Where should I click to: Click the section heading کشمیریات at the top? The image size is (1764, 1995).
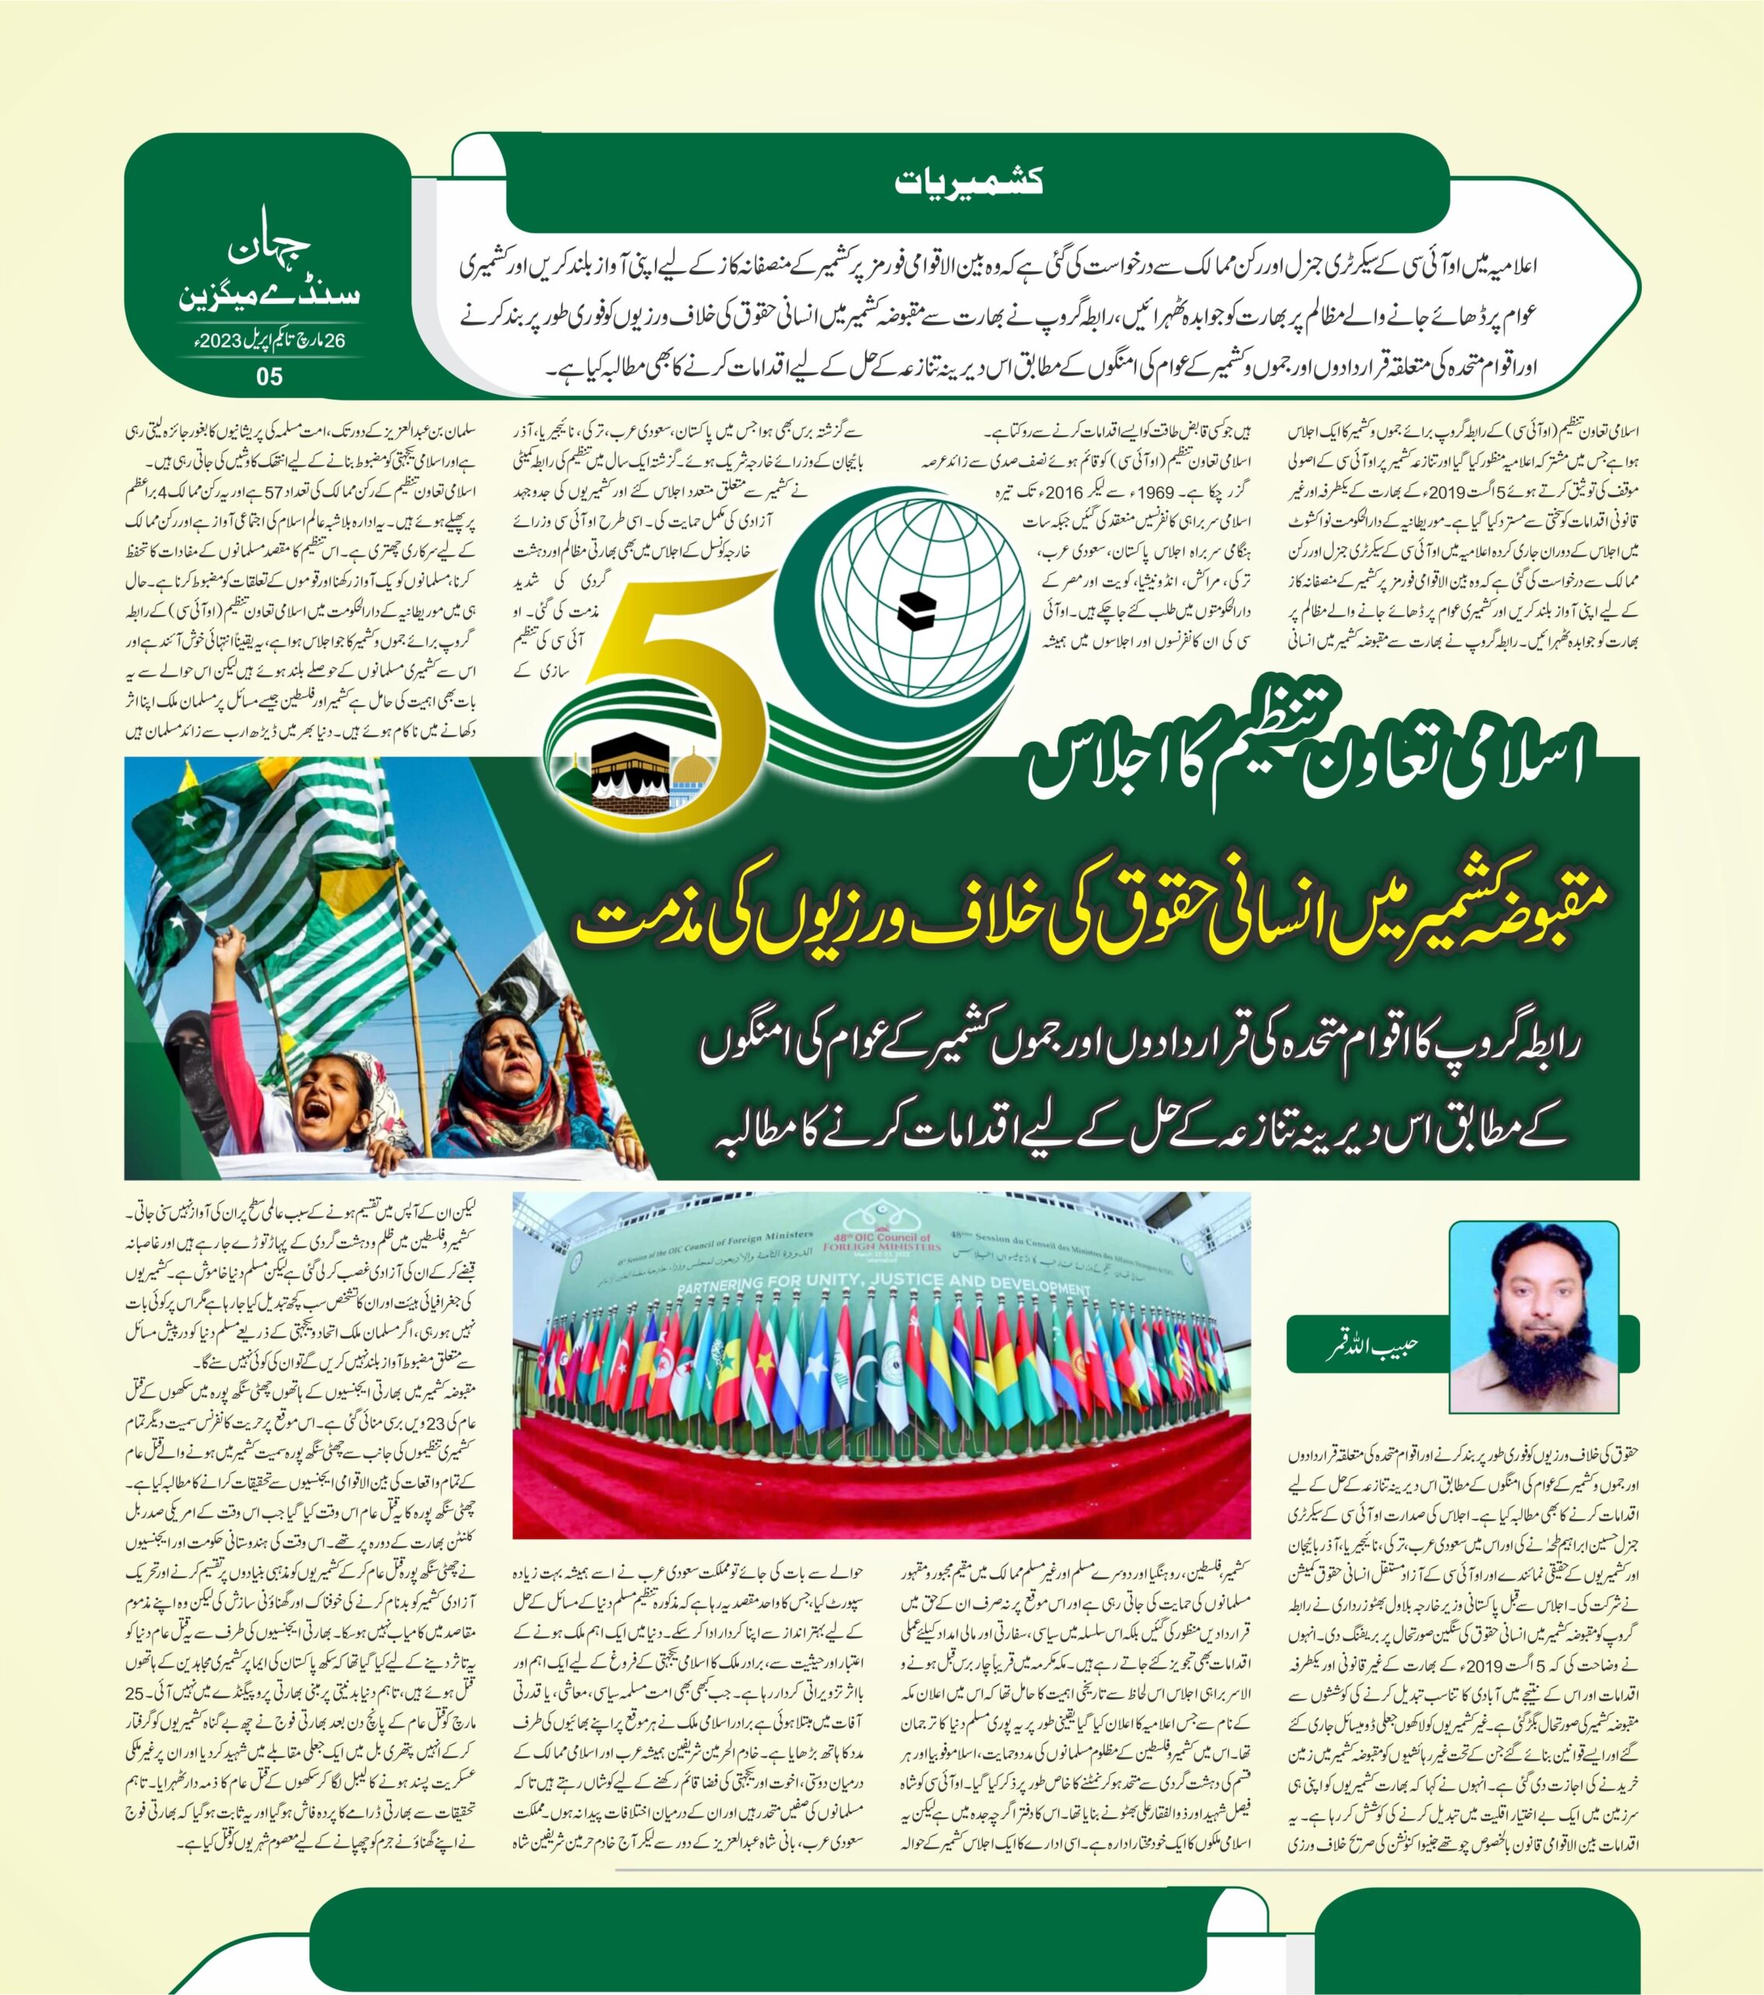click(x=970, y=181)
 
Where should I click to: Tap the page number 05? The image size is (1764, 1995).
click(x=269, y=376)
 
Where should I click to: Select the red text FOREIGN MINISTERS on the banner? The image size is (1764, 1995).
click(x=881, y=1246)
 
